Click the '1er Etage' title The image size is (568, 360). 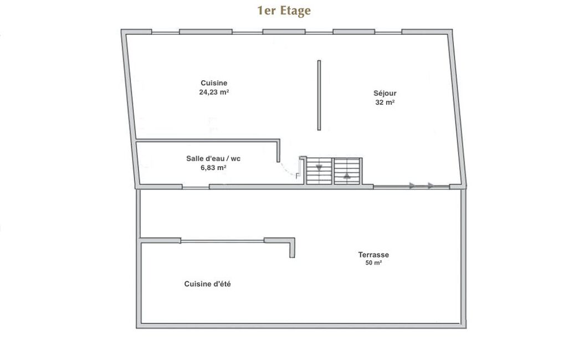(284, 11)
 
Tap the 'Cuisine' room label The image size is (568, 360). (214, 83)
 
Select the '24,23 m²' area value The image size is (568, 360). (214, 92)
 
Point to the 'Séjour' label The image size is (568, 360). (385, 94)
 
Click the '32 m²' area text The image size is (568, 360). (385, 102)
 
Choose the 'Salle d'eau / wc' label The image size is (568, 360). (213, 158)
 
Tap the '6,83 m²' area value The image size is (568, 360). (213, 168)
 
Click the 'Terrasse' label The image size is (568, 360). (373, 255)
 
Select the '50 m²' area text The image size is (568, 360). (373, 263)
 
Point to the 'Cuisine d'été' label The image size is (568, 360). (207, 284)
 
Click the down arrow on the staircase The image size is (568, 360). (319, 167)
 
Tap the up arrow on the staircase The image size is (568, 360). (347, 176)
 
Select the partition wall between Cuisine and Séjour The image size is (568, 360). (319, 95)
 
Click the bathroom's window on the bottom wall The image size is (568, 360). (196, 187)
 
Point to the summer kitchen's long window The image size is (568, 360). (222, 241)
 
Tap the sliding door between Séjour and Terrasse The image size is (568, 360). (412, 187)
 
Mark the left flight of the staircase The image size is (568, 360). (319, 171)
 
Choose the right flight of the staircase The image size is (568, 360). (347, 171)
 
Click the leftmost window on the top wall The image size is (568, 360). (165, 33)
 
